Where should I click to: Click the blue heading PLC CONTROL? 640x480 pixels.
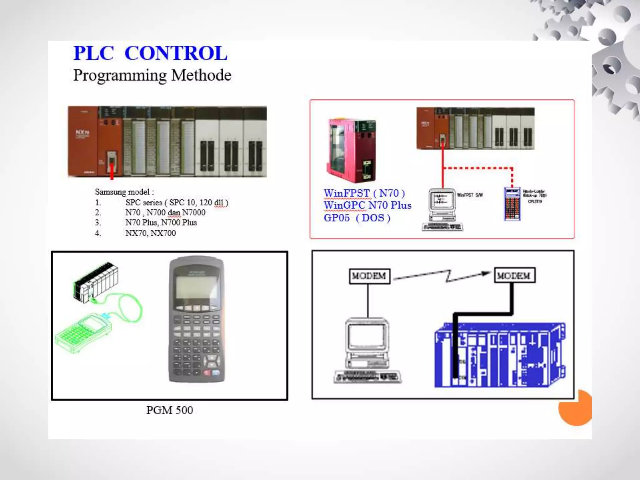[150, 53]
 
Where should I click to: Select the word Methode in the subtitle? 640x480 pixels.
[201, 75]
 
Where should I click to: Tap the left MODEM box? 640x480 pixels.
[369, 276]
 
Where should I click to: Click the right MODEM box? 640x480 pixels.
[514, 275]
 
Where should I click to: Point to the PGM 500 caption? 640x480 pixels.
[170, 410]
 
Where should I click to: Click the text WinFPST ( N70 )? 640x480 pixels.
[364, 193]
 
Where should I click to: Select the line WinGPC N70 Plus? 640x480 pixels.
[367, 205]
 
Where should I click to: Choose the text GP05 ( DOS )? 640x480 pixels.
[357, 218]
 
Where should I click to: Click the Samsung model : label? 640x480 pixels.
[124, 192]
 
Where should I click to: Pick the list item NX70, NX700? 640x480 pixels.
[150, 233]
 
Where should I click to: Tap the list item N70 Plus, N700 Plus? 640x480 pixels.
[161, 222]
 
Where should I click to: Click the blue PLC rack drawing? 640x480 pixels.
[500, 355]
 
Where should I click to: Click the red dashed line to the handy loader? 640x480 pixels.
[478, 168]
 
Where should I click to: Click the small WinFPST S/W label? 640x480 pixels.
[470, 195]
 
